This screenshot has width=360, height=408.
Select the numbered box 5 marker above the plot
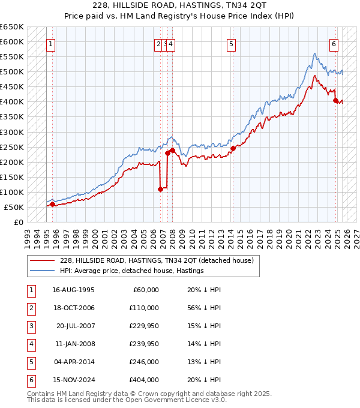coord(231,43)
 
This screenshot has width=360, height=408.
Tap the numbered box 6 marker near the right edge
coord(334,43)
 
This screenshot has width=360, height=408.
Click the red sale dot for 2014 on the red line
coord(232,148)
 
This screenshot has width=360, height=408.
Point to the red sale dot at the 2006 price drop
coord(160,189)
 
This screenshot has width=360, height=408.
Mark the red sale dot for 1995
coord(52,204)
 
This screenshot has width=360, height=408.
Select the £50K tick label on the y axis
coord(14,207)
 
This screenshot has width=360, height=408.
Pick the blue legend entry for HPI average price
coord(132,271)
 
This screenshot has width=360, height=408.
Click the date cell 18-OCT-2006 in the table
coord(73,308)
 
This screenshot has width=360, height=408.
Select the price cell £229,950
coord(144,326)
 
